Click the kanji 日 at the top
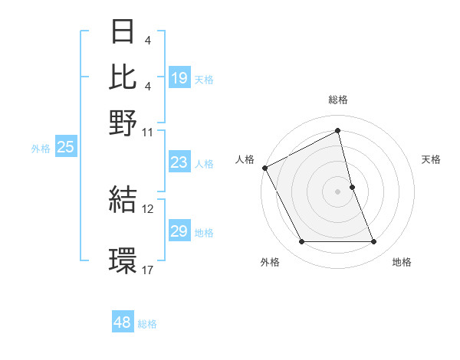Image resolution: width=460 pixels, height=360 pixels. click(123, 33)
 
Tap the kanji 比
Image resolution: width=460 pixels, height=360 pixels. click(123, 77)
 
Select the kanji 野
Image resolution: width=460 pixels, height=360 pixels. click(123, 123)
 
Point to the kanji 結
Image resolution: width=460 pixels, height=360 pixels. click(123, 200)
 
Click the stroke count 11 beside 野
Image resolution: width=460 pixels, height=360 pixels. click(148, 132)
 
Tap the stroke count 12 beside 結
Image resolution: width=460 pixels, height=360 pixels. click(148, 208)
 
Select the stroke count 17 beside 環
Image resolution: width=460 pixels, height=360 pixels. click(148, 270)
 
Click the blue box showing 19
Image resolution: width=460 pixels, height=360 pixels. click(179, 78)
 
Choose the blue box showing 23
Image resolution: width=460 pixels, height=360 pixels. click(179, 162)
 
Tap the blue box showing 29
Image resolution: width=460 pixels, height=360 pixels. click(179, 231)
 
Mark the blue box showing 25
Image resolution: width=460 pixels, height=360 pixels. click(65, 148)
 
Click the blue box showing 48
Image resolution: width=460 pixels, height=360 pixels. click(123, 322)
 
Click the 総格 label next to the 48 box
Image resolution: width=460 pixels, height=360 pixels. click(147, 324)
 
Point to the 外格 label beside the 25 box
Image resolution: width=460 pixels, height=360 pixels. click(40, 149)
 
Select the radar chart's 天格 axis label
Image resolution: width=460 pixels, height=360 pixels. click(432, 159)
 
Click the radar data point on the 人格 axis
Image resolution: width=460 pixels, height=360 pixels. click(264, 168)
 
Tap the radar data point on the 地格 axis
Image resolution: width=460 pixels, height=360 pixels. click(373, 242)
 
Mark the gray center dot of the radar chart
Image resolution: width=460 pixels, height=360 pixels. click(338, 191)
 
